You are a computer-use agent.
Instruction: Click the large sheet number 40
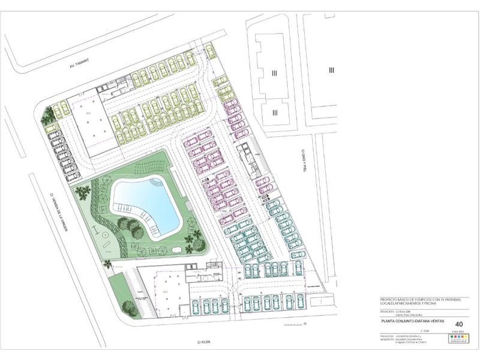point(459,323)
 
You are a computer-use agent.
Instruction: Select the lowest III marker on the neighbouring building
point(274,112)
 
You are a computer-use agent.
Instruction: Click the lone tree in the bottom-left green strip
point(129,307)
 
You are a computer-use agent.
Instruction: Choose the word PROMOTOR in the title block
point(388,335)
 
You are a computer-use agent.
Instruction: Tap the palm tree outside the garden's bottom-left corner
point(108,263)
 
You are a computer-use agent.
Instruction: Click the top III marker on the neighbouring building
point(274,73)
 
